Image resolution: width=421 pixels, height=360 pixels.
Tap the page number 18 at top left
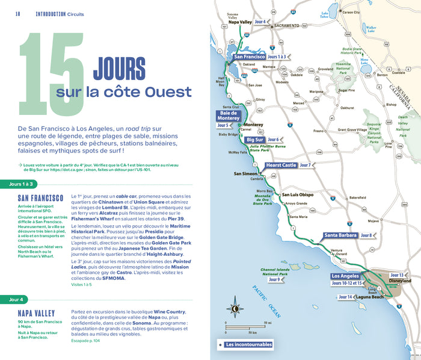pos(18,13)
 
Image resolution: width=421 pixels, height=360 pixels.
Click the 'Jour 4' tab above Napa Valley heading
pos(16,299)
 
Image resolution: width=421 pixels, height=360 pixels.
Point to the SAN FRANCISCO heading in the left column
pos(40,198)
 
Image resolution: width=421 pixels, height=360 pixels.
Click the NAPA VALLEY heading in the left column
pos(37,314)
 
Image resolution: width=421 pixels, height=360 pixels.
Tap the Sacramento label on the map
pos(283,26)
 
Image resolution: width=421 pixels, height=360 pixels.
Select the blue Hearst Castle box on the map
pos(281,165)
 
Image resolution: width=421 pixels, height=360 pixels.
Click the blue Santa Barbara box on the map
pos(340,235)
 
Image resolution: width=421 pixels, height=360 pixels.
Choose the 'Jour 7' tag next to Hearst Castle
pos(306,165)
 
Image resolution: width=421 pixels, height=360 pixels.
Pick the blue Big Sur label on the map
pos(256,140)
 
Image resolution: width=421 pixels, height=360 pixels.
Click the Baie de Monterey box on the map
pos(229,116)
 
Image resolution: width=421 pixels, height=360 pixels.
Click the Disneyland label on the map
pos(399,281)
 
